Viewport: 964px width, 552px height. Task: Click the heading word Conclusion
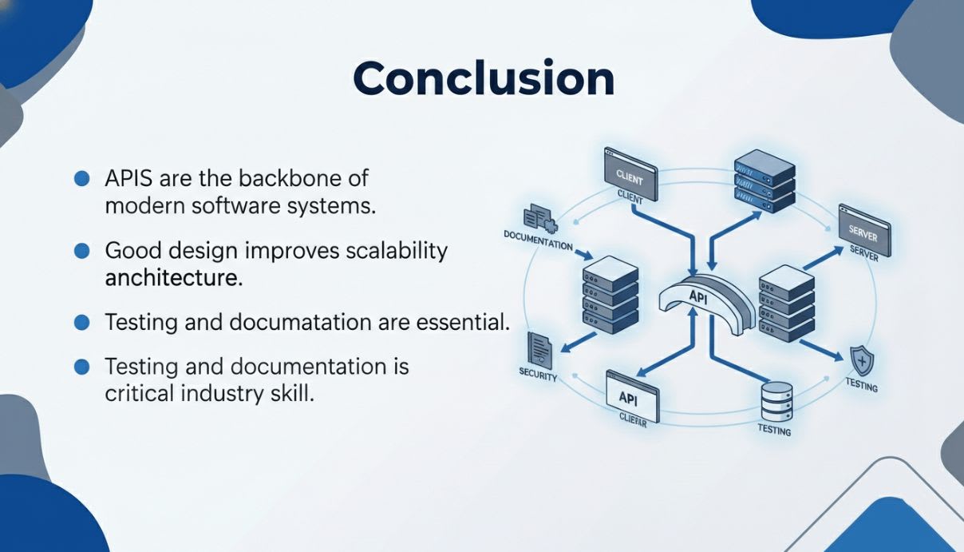(x=483, y=78)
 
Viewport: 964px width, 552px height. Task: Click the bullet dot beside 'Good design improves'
(x=81, y=252)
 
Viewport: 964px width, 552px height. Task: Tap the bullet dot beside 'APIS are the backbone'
(x=81, y=178)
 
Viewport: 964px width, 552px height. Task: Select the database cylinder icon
(x=776, y=401)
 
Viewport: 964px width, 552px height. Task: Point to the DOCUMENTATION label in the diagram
(x=538, y=240)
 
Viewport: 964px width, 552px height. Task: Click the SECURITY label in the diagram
(x=538, y=375)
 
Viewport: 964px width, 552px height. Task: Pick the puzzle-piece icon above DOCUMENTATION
(x=539, y=216)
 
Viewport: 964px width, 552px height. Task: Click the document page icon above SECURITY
(x=540, y=350)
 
